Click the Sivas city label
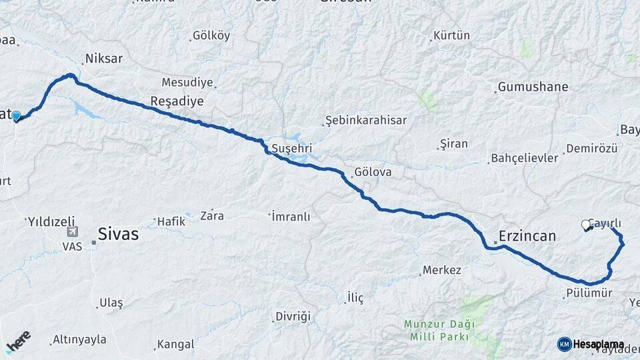[117, 234]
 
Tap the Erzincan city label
[527, 237]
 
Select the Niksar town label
[104, 59]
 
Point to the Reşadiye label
[177, 100]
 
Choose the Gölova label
[373, 172]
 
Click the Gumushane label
[533, 87]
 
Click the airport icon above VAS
[72, 232]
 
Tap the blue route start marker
[16, 116]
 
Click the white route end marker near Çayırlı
[586, 225]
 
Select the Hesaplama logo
[591, 344]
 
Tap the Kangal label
[175, 345]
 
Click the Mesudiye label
[187, 83]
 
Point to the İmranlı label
[291, 216]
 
